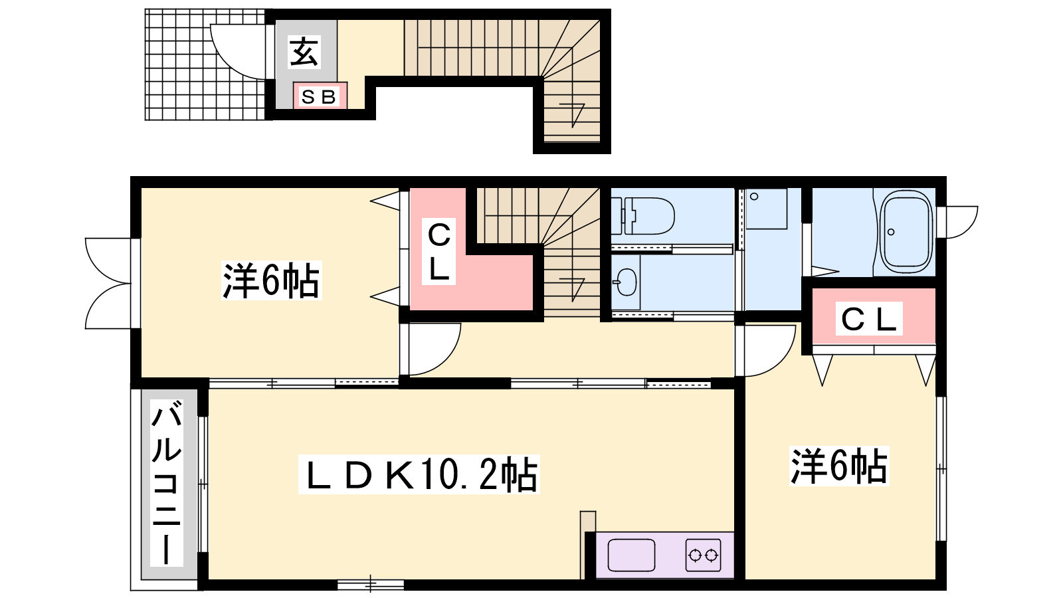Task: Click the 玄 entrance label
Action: pyautogui.click(x=304, y=52)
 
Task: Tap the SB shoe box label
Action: pyautogui.click(x=318, y=97)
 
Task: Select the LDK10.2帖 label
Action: pyautogui.click(x=419, y=474)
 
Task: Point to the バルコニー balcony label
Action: pyautogui.click(x=167, y=482)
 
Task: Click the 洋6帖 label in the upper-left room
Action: pyautogui.click(x=272, y=280)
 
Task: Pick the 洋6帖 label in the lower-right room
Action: pyautogui.click(x=839, y=466)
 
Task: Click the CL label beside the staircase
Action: pyautogui.click(x=439, y=252)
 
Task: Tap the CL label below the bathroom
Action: pyautogui.click(x=869, y=318)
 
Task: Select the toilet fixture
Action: pyautogui.click(x=643, y=216)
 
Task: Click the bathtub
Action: pyautogui.click(x=906, y=233)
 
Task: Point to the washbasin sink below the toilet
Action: pyautogui.click(x=626, y=282)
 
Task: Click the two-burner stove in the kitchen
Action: pyautogui.click(x=704, y=555)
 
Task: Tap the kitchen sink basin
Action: pyautogui.click(x=631, y=555)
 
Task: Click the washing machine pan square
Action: pyautogui.click(x=766, y=209)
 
